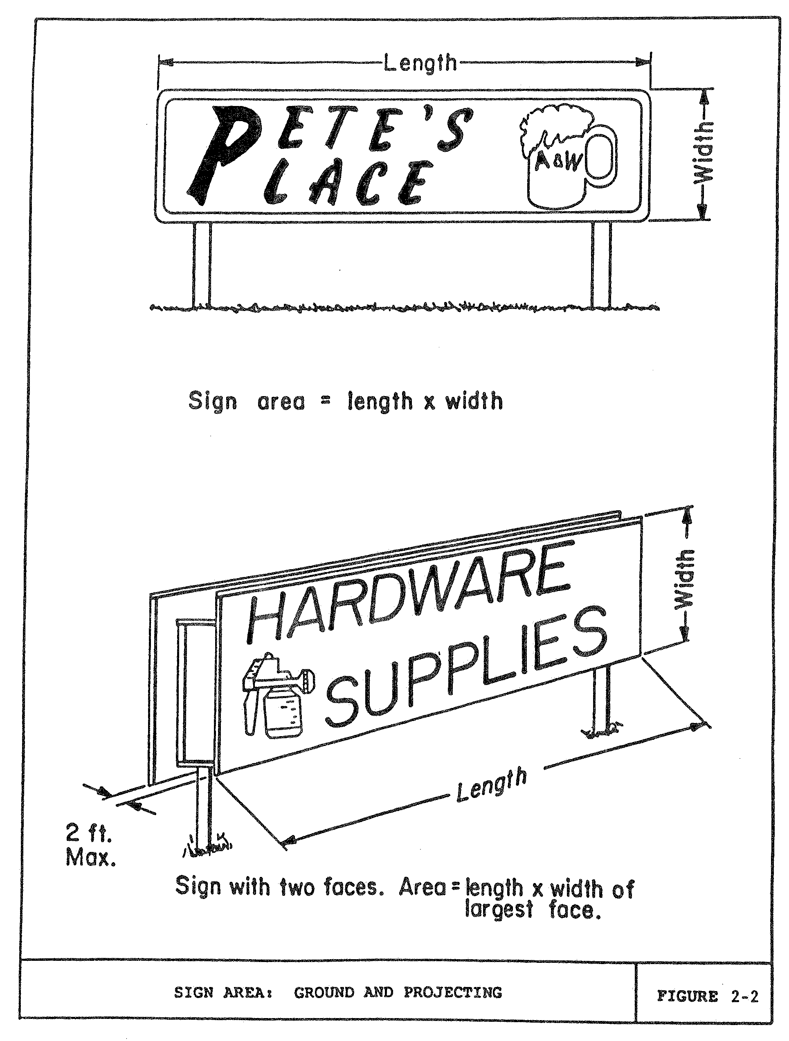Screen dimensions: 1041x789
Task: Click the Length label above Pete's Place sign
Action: (420, 63)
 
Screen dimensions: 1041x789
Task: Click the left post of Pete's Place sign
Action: (201, 264)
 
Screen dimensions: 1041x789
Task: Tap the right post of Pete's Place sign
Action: (601, 264)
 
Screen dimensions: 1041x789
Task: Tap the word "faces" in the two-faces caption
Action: (351, 888)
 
